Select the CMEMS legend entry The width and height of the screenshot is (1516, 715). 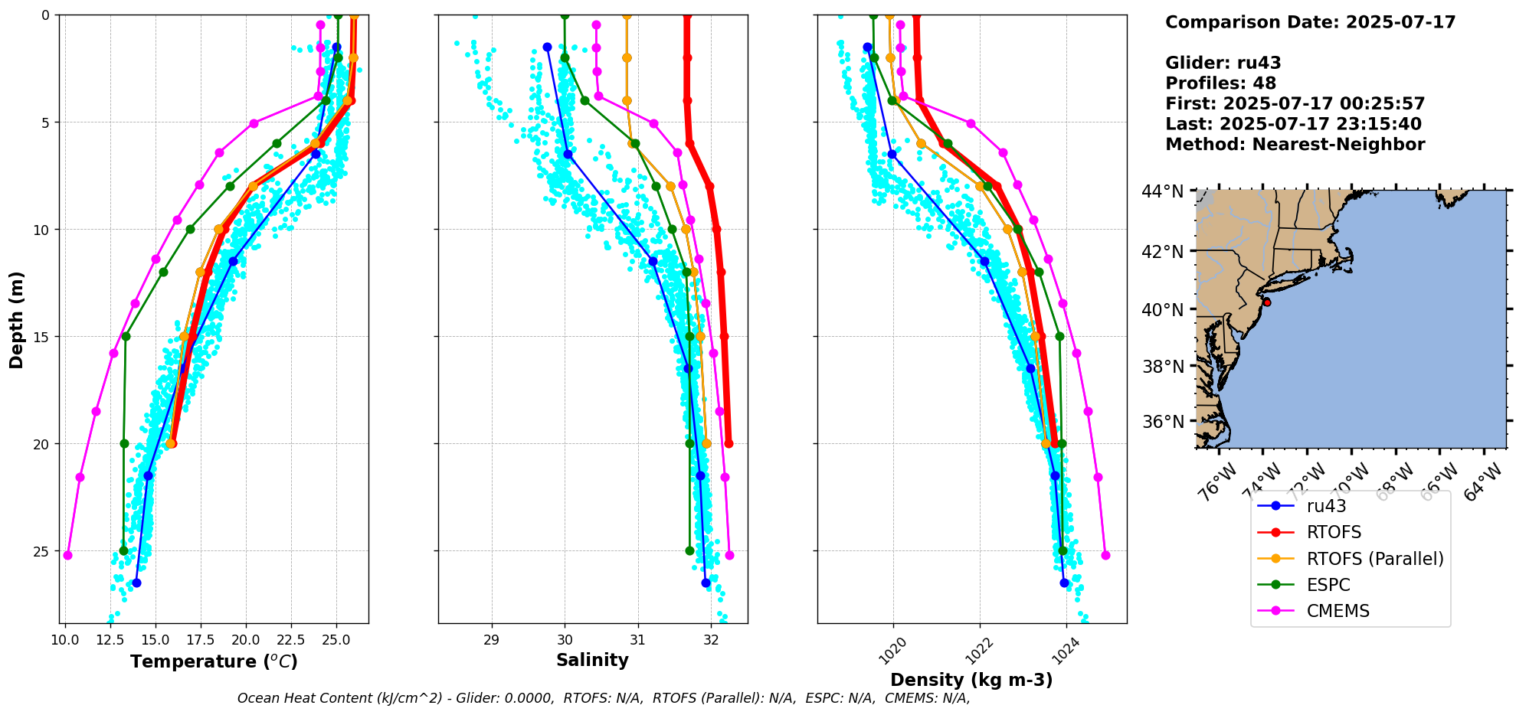[1338, 611]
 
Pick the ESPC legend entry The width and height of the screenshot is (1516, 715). [1328, 585]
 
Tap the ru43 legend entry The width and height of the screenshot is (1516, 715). [1326, 506]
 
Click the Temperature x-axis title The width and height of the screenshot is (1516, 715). [214, 661]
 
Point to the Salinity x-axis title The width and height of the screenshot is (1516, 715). [592, 661]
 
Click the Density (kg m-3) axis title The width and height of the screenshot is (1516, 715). [971, 680]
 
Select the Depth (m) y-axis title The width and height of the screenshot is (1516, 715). [17, 320]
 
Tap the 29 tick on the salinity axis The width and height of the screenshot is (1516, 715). [492, 639]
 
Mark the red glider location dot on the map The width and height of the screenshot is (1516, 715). [1267, 302]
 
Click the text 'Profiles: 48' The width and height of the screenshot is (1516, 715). [1220, 83]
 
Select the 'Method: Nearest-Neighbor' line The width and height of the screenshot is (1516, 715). [1295, 145]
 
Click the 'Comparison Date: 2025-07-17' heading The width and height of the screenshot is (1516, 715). [1310, 22]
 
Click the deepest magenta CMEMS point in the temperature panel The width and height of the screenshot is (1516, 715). [67, 555]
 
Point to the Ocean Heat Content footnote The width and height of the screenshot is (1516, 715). [603, 698]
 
